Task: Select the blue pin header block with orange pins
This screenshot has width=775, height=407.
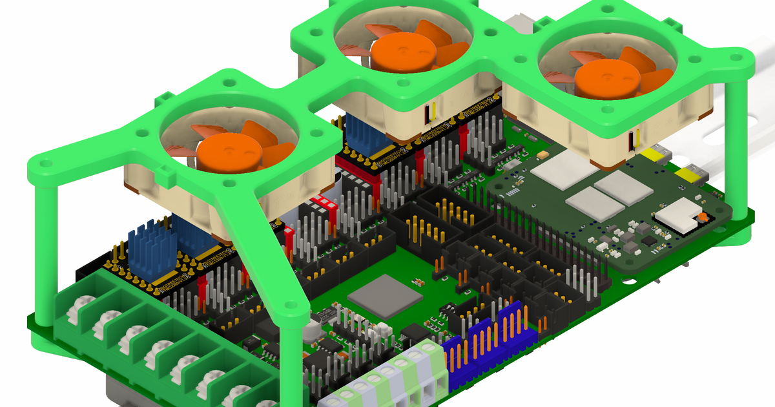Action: (x=491, y=346)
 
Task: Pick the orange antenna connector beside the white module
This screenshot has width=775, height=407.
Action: (x=701, y=218)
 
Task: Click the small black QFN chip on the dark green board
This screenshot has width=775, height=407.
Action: (x=648, y=240)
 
